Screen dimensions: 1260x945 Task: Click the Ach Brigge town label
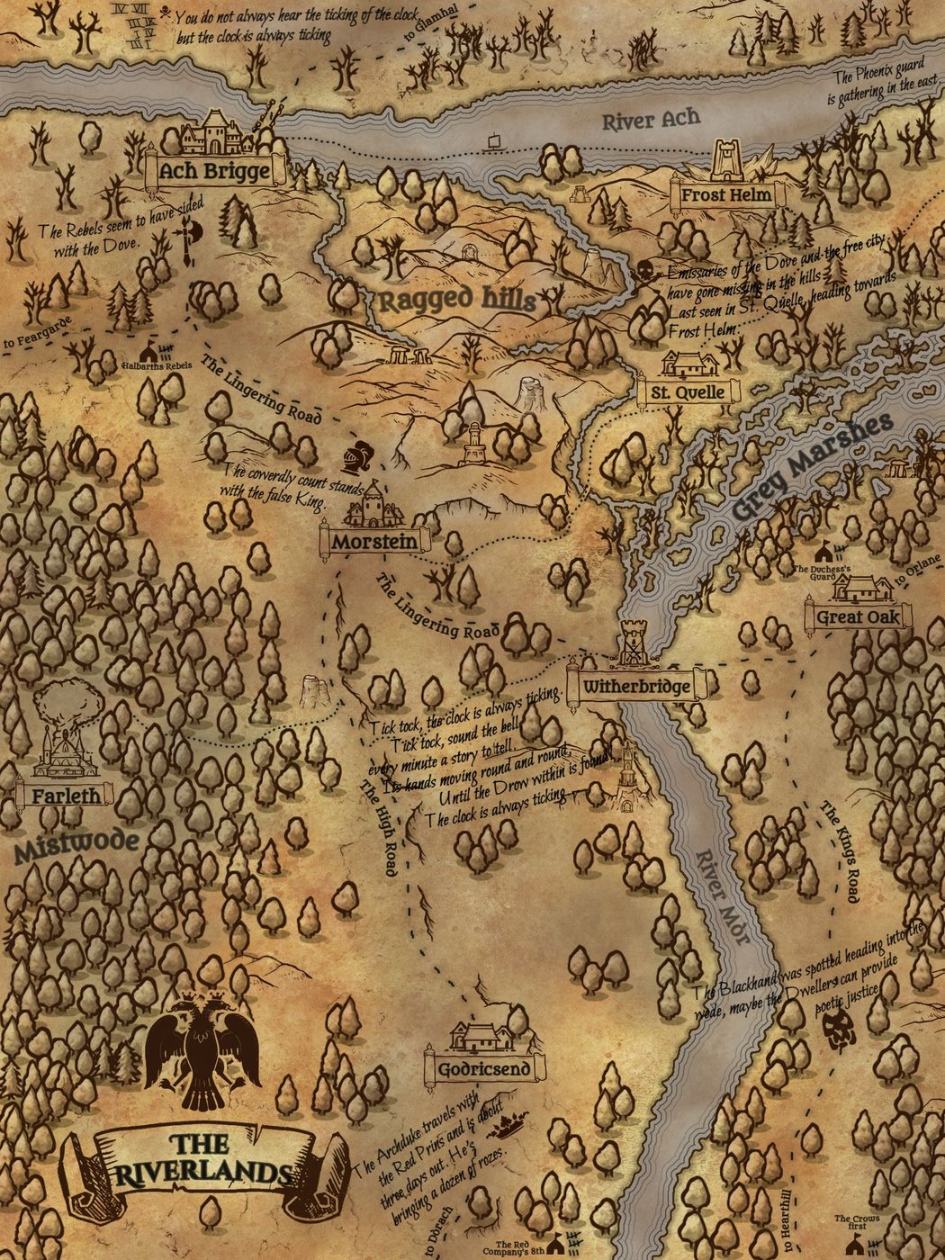point(214,171)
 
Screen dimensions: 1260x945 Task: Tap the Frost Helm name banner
point(725,194)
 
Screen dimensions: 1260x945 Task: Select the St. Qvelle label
point(688,392)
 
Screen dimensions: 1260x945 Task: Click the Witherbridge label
point(636,688)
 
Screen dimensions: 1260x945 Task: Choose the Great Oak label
point(858,617)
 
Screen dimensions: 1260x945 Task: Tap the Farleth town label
point(66,796)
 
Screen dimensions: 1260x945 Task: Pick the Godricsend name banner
point(485,1069)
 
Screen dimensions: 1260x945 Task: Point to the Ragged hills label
point(456,301)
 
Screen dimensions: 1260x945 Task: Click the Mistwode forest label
point(76,844)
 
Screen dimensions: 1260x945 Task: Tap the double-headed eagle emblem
point(202,1049)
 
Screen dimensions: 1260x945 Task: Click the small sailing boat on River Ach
point(493,142)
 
